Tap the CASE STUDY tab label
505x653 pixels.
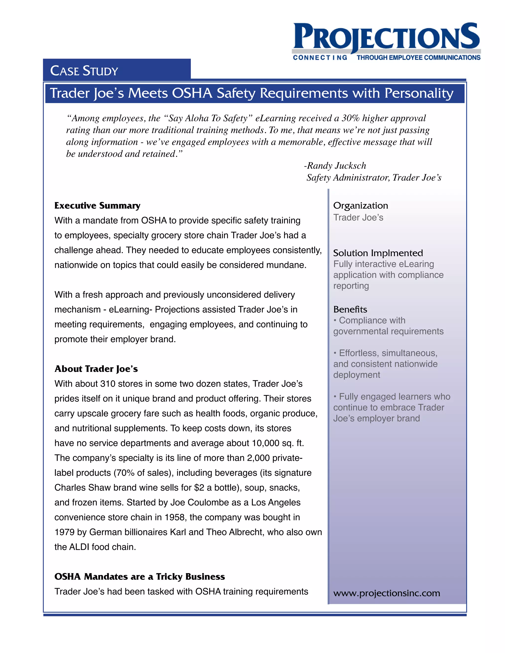point(84,71)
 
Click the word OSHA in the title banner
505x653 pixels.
point(192,93)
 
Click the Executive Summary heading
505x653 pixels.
point(97,206)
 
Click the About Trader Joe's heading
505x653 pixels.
point(96,369)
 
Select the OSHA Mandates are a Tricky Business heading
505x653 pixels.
point(139,576)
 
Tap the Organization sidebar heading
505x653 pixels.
point(361,206)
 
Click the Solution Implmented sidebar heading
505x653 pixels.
point(378,253)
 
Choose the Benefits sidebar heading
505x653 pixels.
point(350,309)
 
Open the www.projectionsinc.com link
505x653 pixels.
point(387,593)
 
